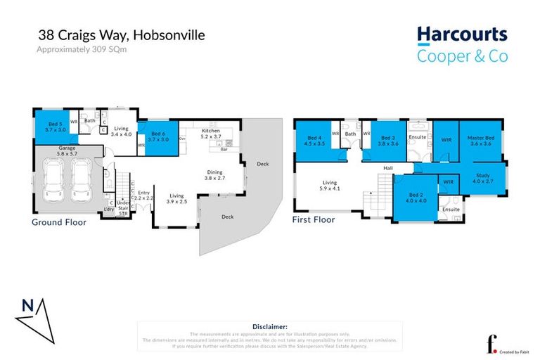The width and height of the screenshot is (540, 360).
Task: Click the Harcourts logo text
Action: (x=461, y=34)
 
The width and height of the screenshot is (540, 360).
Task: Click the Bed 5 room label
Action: (x=55, y=127)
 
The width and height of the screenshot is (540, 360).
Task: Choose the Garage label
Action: (x=66, y=150)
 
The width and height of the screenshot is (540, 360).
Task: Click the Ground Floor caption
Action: (x=59, y=222)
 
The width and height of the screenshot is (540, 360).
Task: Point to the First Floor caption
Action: (x=314, y=219)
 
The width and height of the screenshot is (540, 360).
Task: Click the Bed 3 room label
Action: (x=389, y=140)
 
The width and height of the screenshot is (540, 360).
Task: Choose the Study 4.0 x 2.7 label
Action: (x=483, y=179)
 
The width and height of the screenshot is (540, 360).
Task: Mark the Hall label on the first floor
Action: (x=387, y=168)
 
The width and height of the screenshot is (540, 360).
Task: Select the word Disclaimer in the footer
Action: (x=269, y=327)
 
